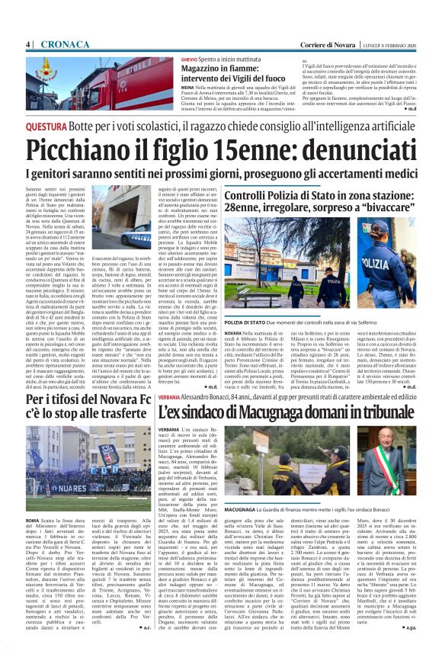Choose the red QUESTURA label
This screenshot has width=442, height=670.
[46, 127]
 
